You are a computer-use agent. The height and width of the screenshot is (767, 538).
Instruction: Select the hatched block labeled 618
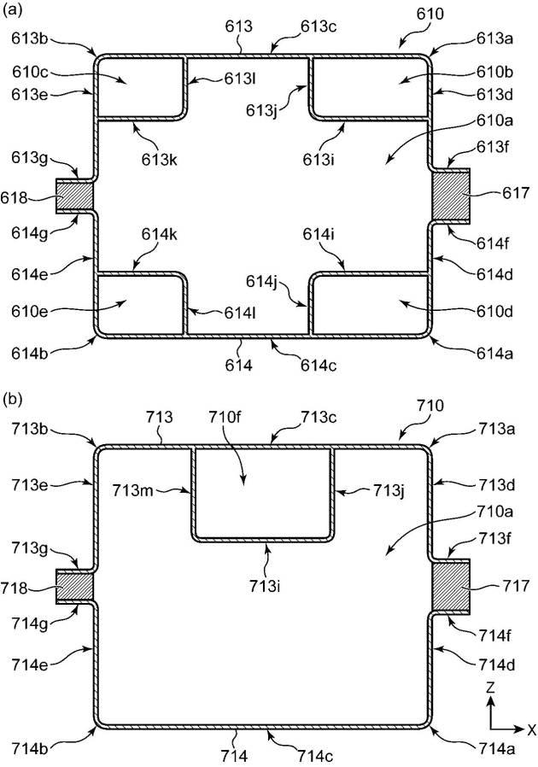click(x=73, y=196)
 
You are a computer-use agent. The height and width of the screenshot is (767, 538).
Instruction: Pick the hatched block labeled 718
click(x=73, y=587)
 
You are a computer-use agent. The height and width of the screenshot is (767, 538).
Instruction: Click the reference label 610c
click(x=31, y=73)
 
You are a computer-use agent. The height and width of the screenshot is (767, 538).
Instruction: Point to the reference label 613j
click(x=263, y=110)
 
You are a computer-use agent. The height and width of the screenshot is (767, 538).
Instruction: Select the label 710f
click(x=225, y=418)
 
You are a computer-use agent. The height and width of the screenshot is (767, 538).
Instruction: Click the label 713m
click(x=132, y=489)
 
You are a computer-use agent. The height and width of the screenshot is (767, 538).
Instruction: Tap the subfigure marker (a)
click(x=12, y=11)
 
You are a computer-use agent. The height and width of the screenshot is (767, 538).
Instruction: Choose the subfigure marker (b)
click(x=12, y=401)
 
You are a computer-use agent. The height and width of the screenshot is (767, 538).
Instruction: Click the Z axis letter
click(x=490, y=688)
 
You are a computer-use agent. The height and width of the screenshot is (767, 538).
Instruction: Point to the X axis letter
click(x=532, y=730)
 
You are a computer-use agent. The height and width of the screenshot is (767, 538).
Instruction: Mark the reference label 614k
click(x=160, y=234)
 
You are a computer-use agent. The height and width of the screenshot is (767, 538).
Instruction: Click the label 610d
click(x=494, y=311)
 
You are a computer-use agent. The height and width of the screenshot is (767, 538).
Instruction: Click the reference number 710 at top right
click(x=430, y=406)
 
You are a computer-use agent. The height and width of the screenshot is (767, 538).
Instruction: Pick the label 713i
click(x=265, y=585)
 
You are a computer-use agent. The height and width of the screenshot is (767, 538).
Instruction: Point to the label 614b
click(x=30, y=353)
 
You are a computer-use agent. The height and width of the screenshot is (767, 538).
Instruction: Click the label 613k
click(x=160, y=160)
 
